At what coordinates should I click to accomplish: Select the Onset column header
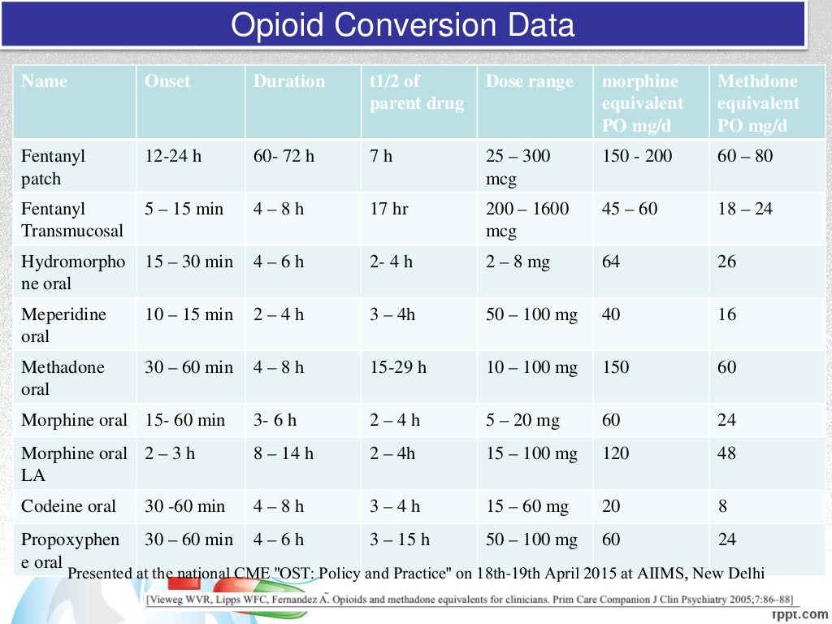point(167,81)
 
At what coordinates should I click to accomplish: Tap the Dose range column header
point(529,81)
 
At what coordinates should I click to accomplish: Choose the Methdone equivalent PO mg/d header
point(758,103)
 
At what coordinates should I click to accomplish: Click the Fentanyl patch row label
point(54,167)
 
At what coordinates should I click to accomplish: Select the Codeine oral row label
point(69,506)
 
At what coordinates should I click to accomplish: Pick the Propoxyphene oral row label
point(70,550)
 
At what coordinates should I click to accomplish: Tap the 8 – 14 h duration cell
point(283,453)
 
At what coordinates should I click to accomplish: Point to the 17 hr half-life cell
point(389,209)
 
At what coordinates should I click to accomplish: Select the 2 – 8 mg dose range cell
point(518,262)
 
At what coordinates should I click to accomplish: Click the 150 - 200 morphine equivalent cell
point(637,156)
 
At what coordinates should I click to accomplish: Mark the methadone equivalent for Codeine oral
point(722,506)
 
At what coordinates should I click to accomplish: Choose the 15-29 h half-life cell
point(398,367)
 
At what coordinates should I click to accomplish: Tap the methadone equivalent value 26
point(727,262)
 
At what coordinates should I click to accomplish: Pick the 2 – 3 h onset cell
point(170,453)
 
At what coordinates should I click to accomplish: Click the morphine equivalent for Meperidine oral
point(611,314)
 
